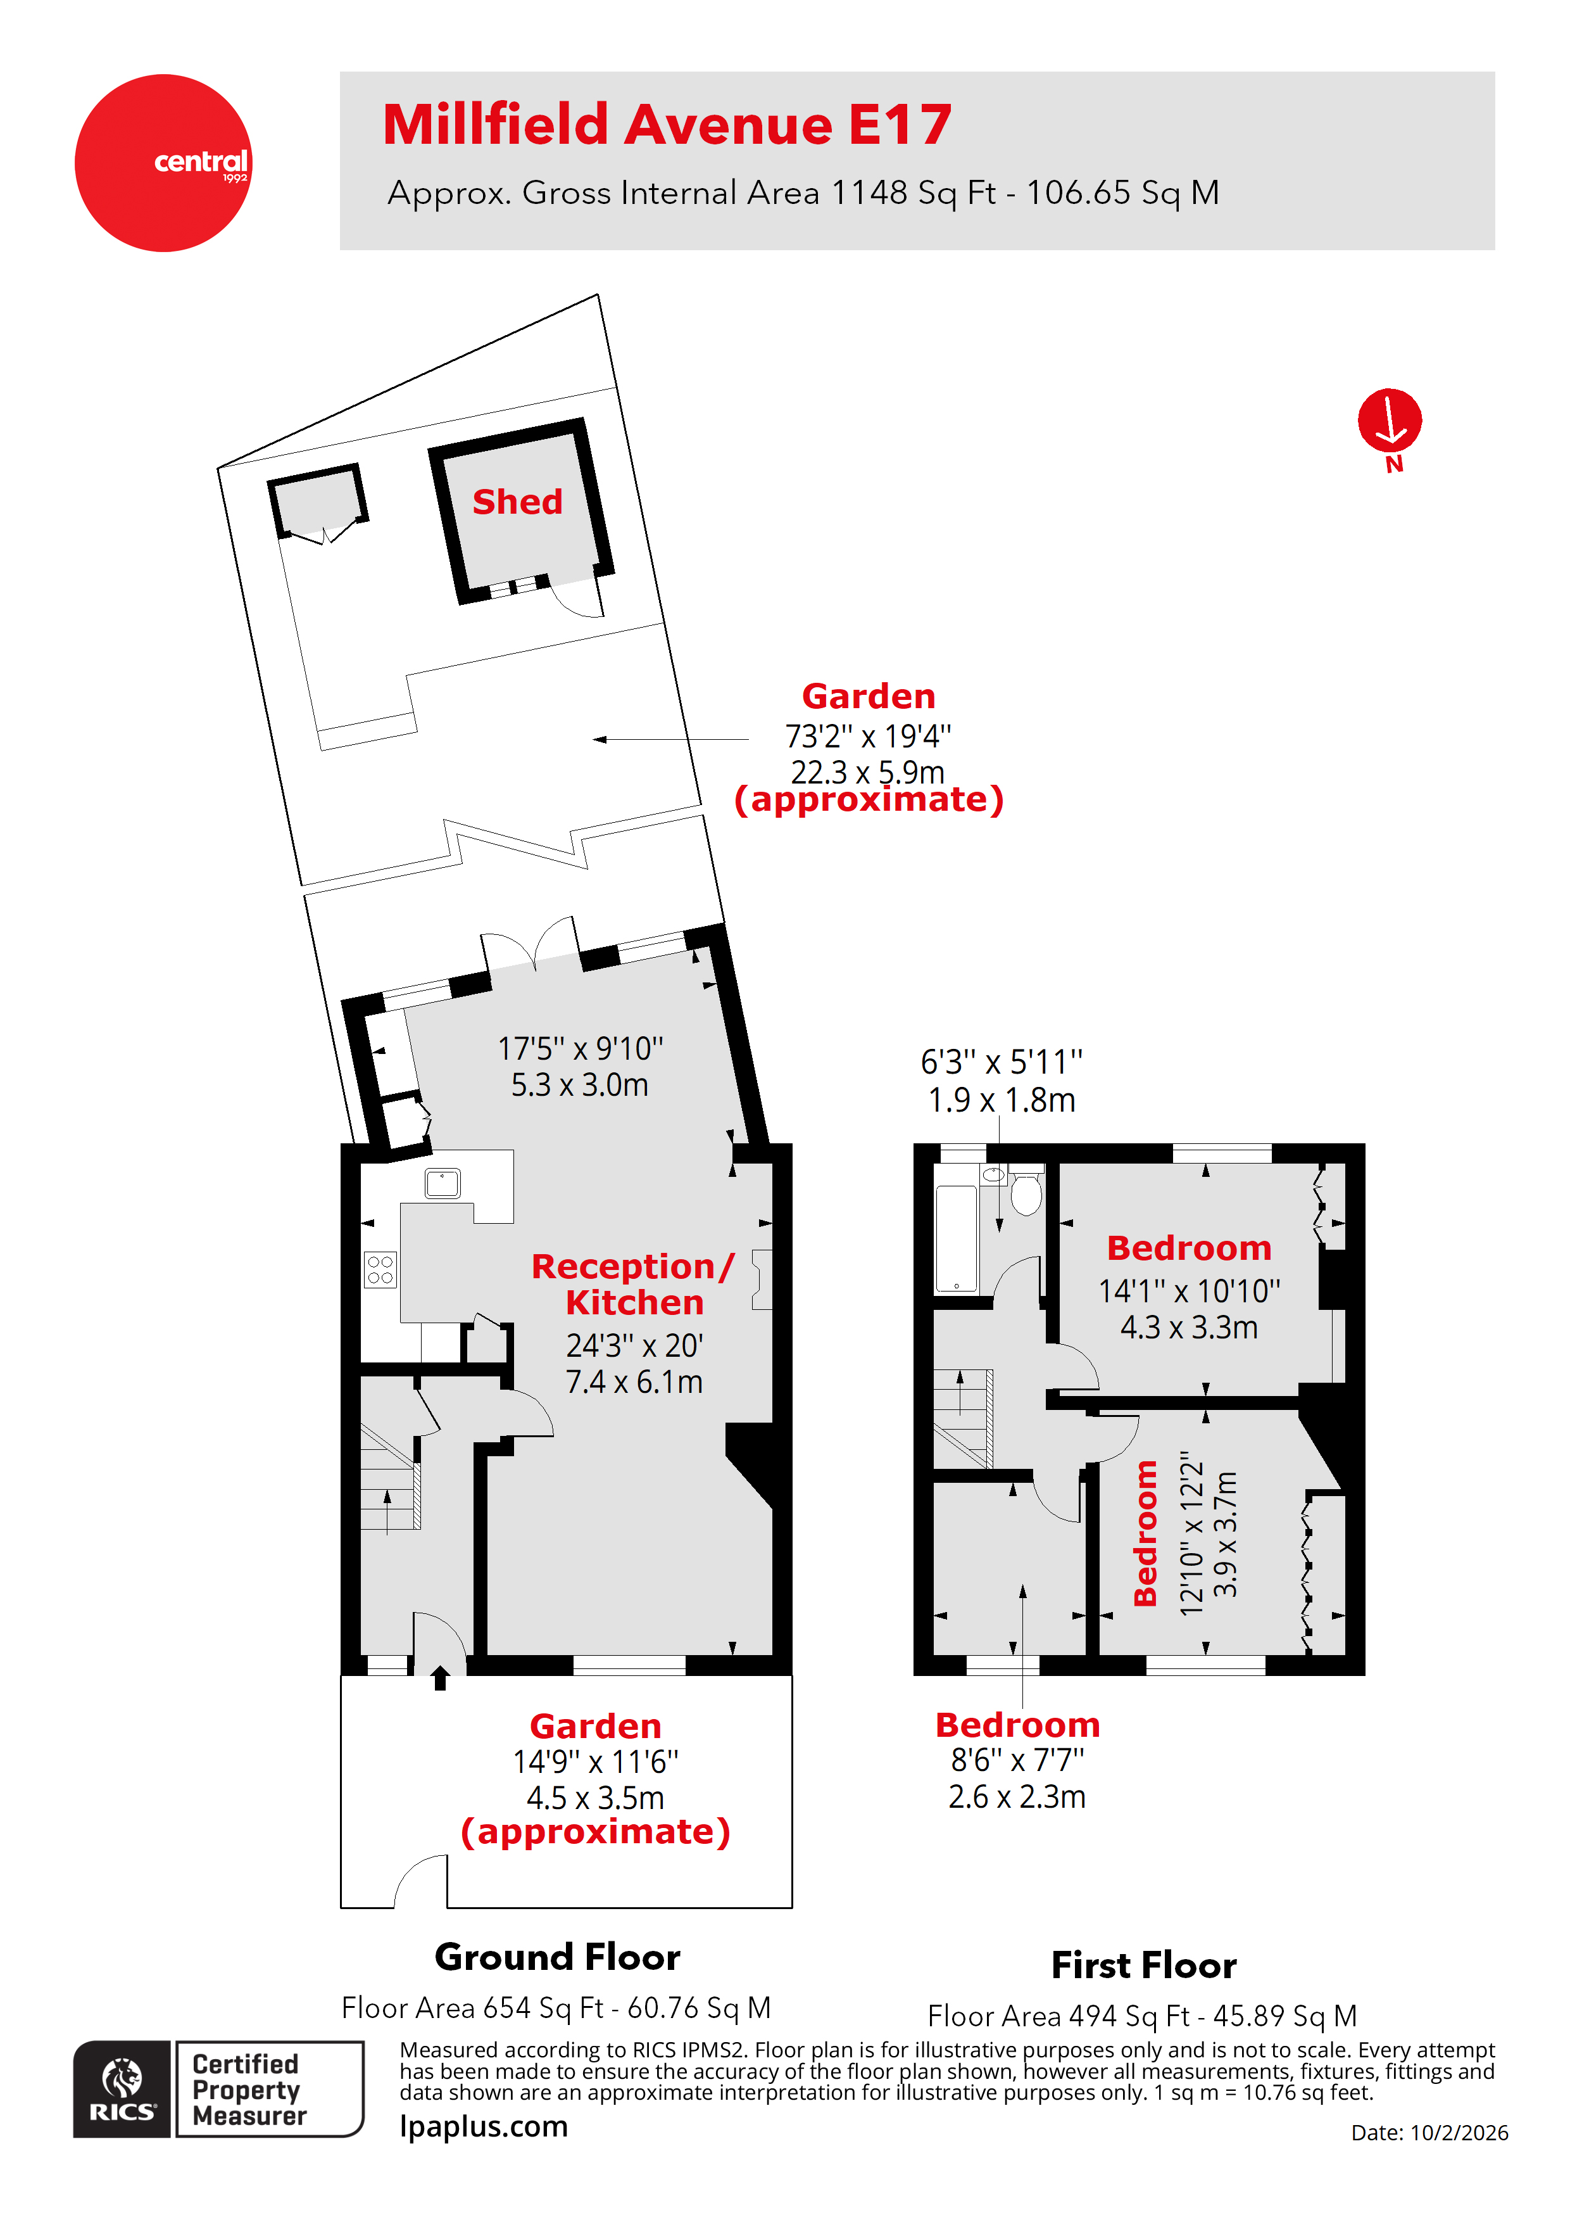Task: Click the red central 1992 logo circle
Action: click(x=163, y=163)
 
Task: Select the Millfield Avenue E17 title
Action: click(x=667, y=125)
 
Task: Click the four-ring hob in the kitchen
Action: click(x=380, y=1270)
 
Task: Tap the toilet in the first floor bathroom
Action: click(x=1026, y=1193)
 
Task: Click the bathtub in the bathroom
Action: click(x=956, y=1240)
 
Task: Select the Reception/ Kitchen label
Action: click(x=634, y=1284)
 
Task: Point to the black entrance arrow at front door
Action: click(x=440, y=1677)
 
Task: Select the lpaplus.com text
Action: click(x=484, y=2127)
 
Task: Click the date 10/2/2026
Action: click(x=1458, y=2133)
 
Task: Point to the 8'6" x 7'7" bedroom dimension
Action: click(x=1017, y=1760)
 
